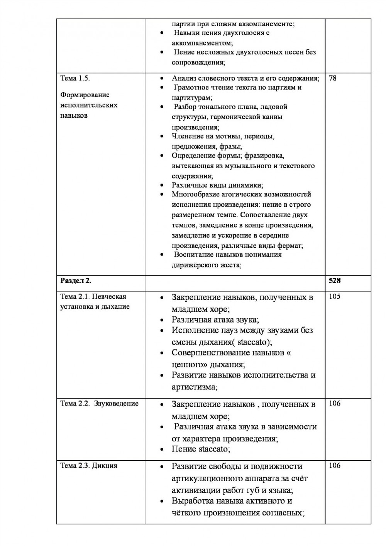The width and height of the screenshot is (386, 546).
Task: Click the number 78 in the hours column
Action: [x=333, y=78]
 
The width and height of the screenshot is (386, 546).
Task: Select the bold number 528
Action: [x=335, y=281]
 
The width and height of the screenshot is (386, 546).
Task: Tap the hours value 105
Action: [x=335, y=297]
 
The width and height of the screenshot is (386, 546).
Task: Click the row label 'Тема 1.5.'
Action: [x=75, y=78]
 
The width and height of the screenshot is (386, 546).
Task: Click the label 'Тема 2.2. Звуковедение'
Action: [x=100, y=404]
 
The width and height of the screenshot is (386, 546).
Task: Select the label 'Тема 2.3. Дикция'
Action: [x=89, y=465]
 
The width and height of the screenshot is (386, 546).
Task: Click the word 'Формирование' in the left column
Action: [x=85, y=95]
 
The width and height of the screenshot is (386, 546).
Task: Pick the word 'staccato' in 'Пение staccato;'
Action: [x=213, y=449]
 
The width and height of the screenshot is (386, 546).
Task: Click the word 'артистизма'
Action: [x=193, y=387]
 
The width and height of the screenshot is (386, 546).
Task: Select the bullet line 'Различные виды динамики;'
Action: [x=217, y=185]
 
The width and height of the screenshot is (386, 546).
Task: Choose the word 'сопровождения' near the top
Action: [x=197, y=62]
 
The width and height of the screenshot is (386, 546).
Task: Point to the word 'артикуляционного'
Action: [x=207, y=478]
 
